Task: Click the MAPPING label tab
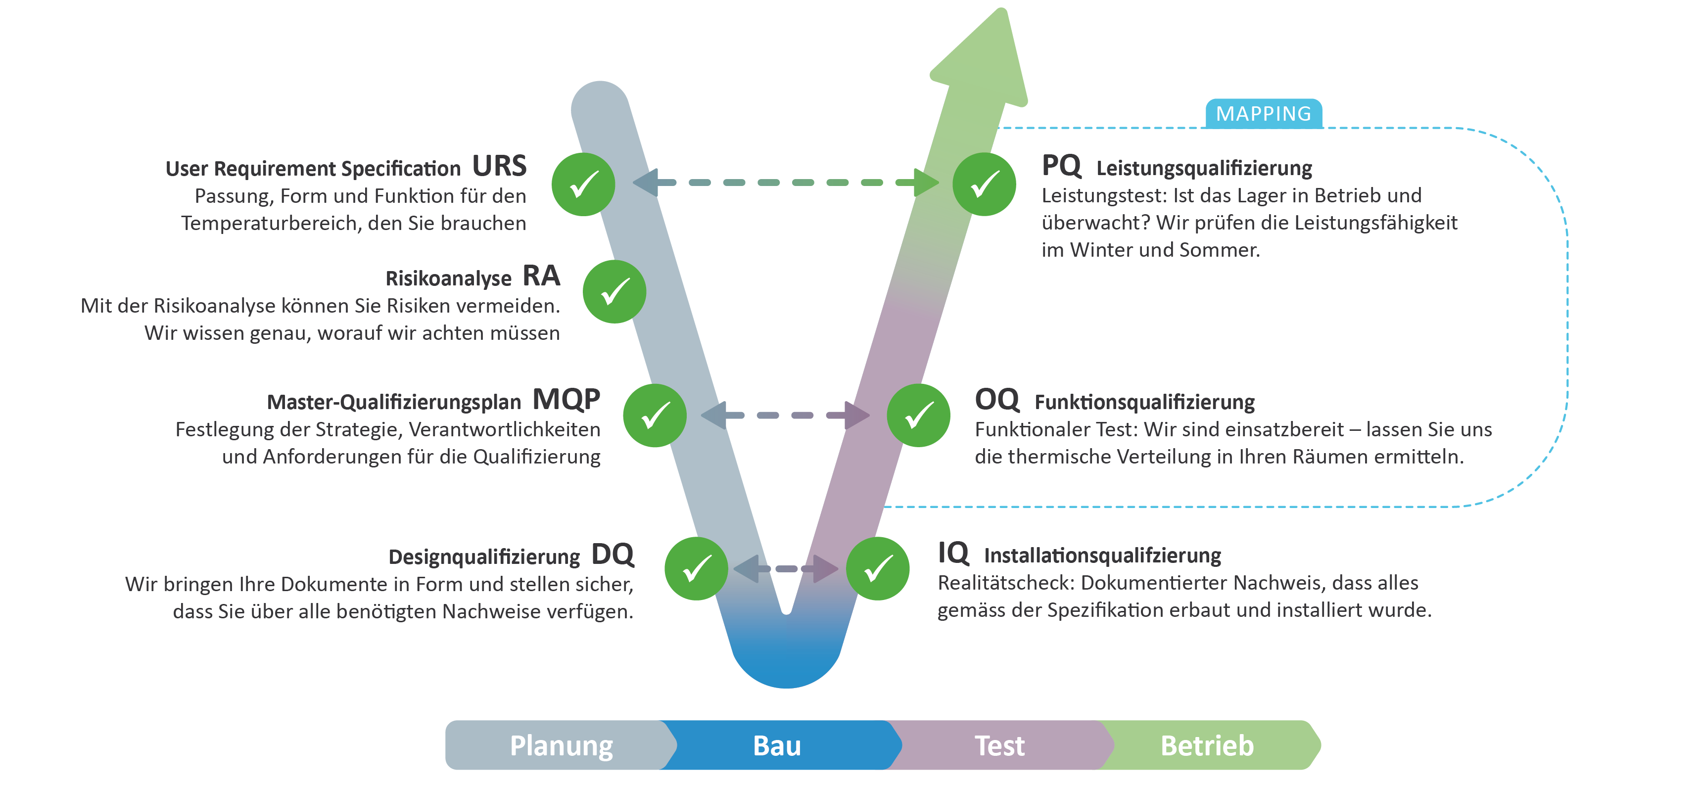click(x=1263, y=113)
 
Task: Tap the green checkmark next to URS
click(x=583, y=184)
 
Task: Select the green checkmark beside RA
click(x=614, y=291)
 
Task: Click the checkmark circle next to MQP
click(x=655, y=416)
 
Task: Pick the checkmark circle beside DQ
click(x=696, y=569)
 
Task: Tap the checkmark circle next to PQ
click(x=984, y=184)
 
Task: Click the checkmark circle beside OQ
click(x=918, y=416)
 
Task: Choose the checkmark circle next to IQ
click(x=878, y=569)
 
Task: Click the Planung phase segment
click(x=561, y=745)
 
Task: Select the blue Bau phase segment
click(x=777, y=745)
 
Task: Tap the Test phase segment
click(x=999, y=745)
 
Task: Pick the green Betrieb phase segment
click(x=1207, y=745)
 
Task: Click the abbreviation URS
click(x=499, y=166)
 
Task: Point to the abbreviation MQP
click(x=566, y=400)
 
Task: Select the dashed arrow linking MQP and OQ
click(x=785, y=415)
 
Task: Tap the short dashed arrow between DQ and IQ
click(x=786, y=569)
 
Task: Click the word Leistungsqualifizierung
click(x=1204, y=168)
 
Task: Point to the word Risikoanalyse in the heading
click(x=448, y=278)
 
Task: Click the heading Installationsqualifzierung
click(x=1102, y=556)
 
